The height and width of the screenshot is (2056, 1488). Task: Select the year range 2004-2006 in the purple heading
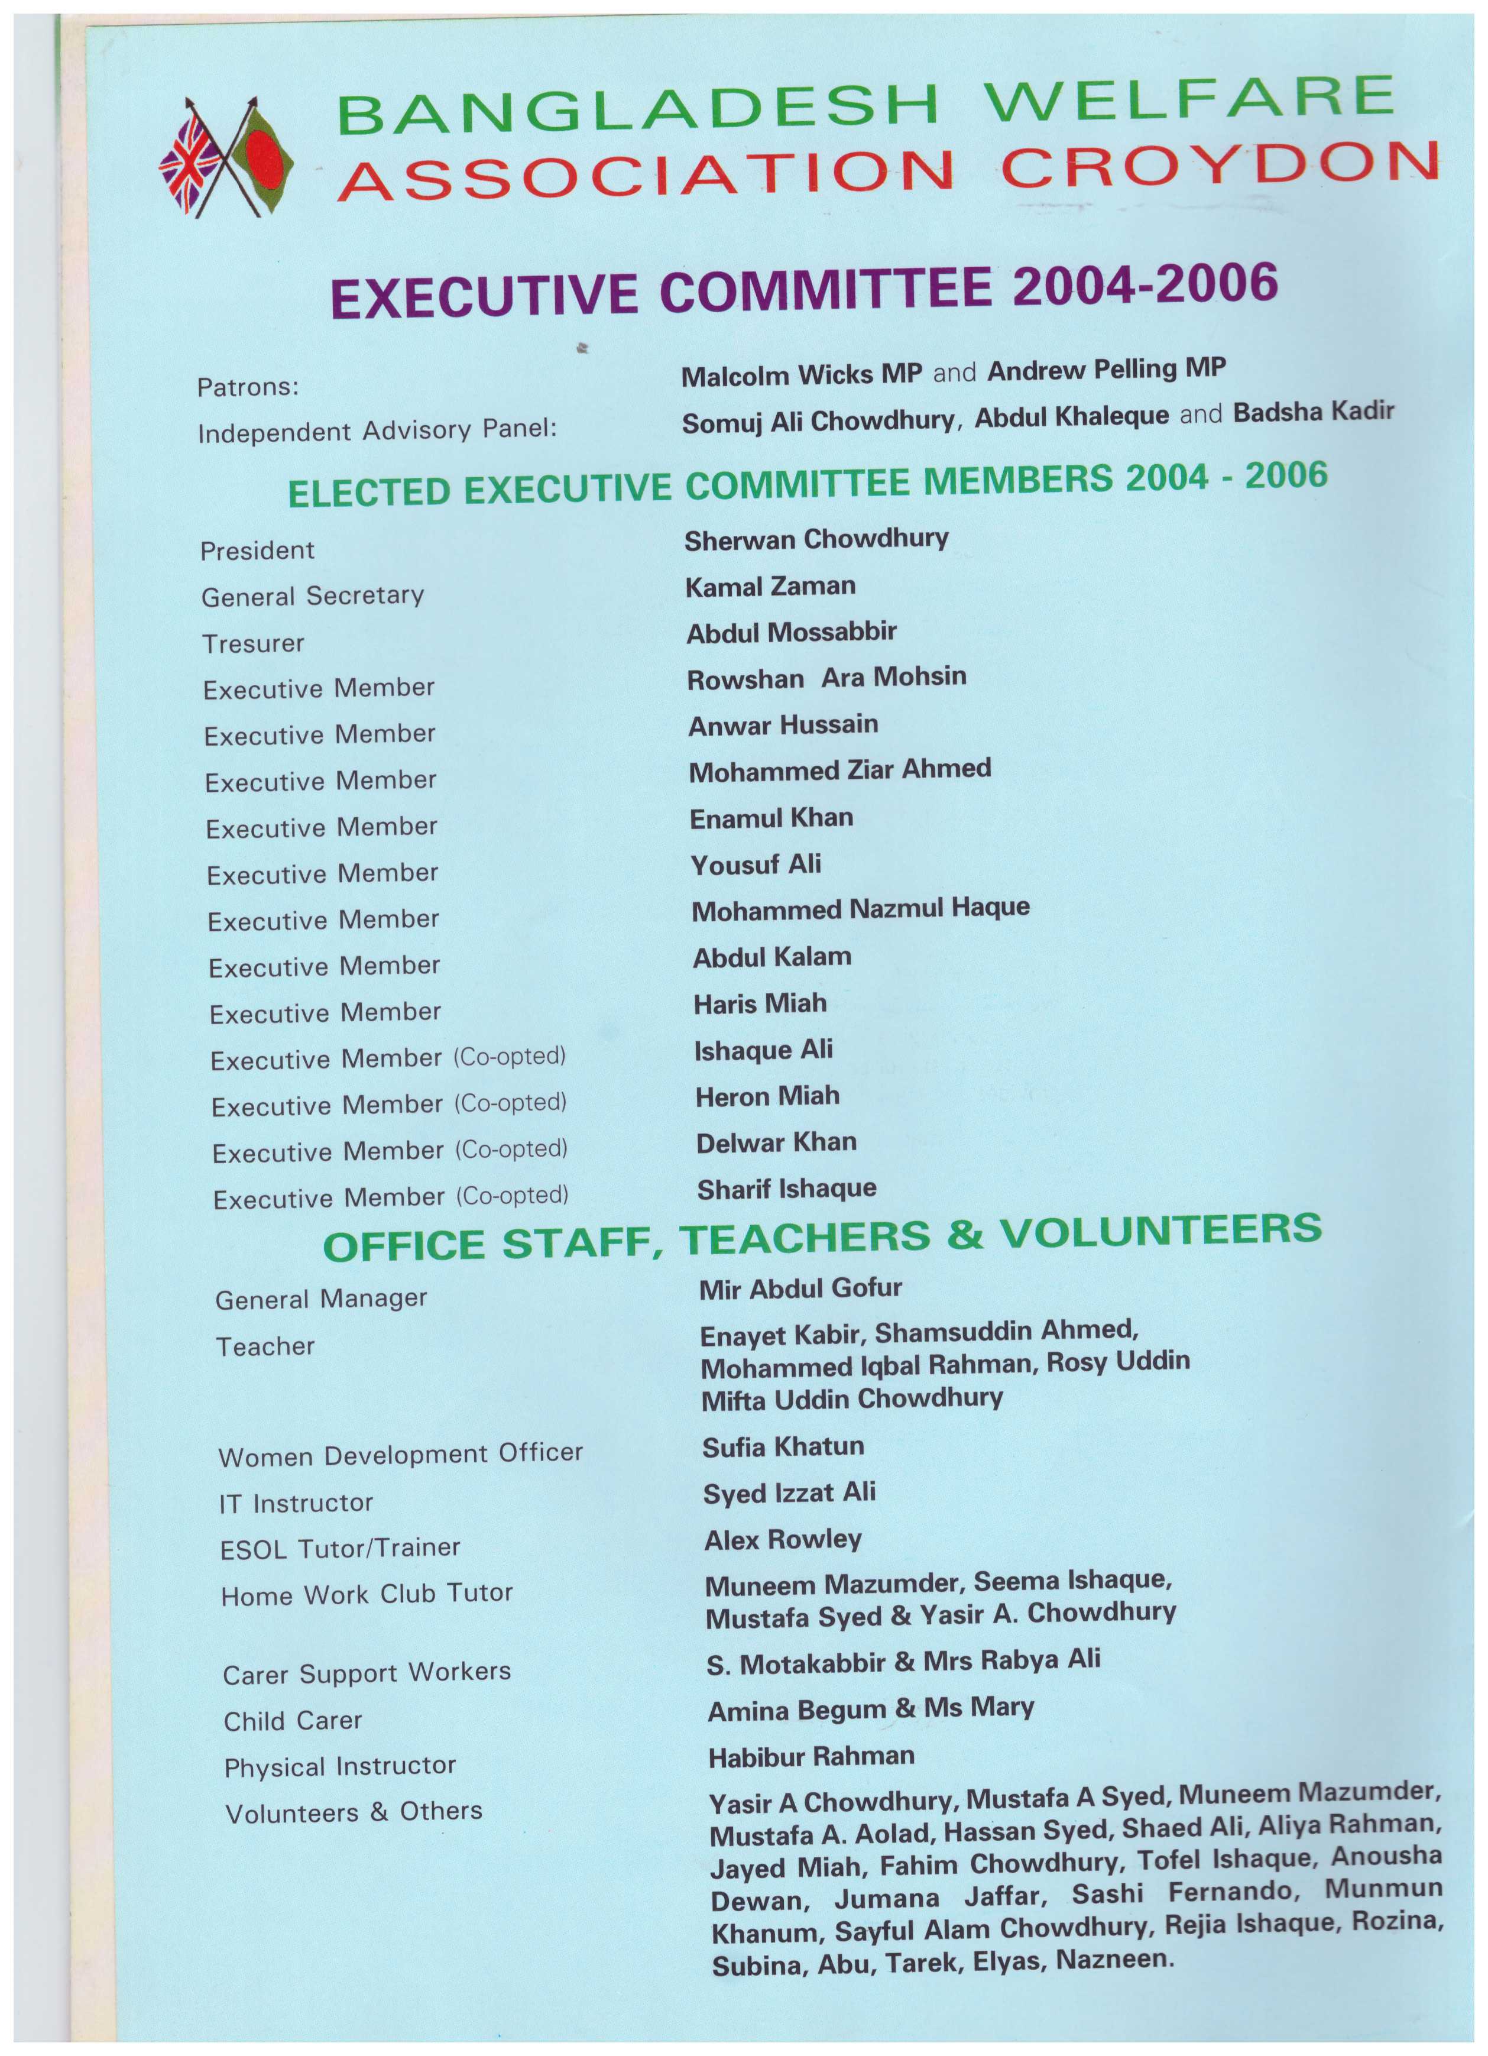pos(1145,284)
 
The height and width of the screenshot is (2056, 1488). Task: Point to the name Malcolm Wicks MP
pos(801,374)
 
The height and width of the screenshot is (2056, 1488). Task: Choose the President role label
pos(257,551)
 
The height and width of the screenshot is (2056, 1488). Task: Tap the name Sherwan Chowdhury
pos(816,539)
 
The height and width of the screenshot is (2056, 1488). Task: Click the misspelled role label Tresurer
pos(253,643)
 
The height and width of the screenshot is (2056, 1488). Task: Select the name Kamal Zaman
pos(770,587)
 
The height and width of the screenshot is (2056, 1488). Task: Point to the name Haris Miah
pos(760,1003)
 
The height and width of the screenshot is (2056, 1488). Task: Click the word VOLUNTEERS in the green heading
pos(1160,1232)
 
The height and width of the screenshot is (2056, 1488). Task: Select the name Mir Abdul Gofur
pos(800,1288)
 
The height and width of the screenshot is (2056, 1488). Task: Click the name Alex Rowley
pos(783,1539)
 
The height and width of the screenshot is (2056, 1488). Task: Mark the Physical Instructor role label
pos(340,1766)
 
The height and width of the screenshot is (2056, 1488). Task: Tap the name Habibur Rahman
pos(811,1757)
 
